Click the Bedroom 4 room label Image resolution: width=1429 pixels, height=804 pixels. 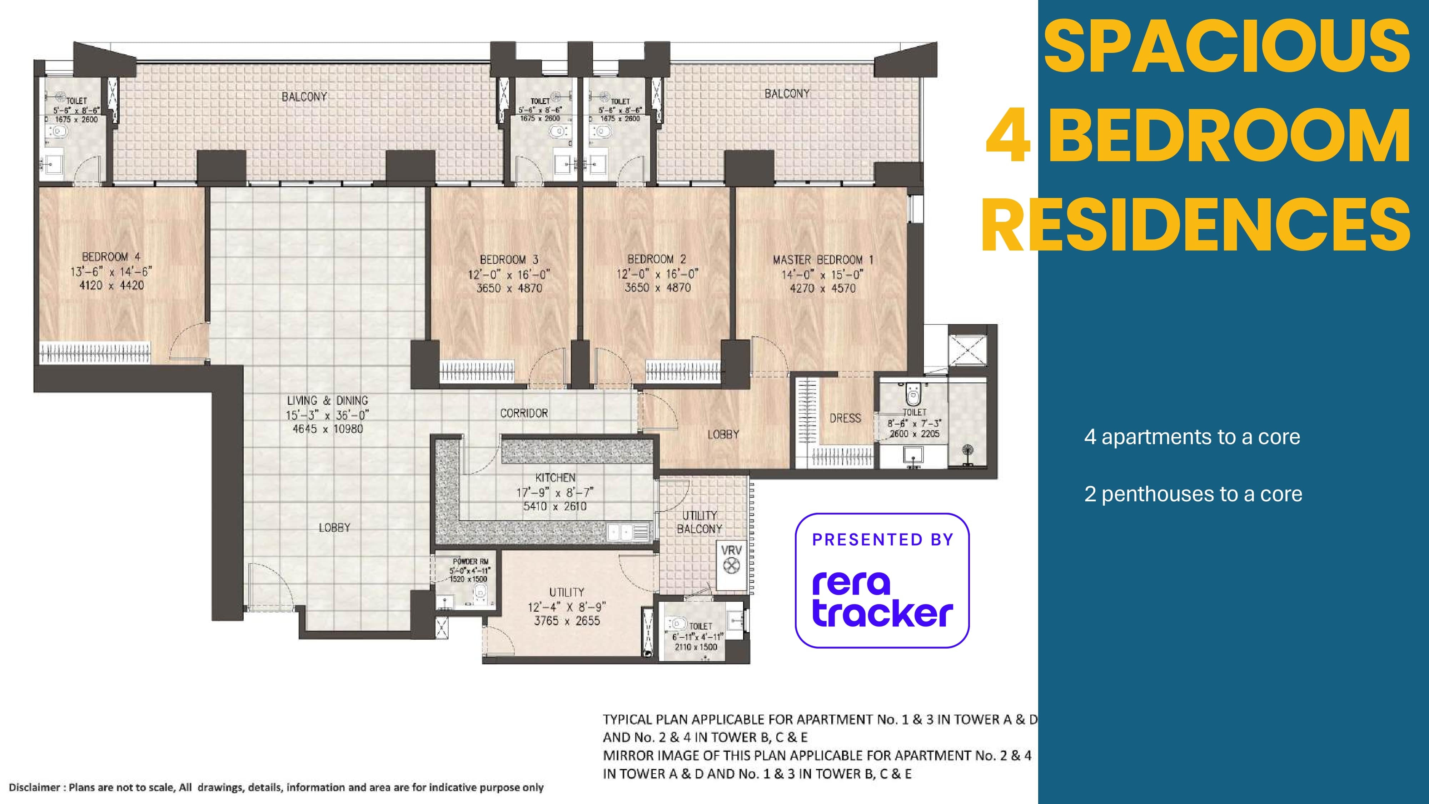pos(111,257)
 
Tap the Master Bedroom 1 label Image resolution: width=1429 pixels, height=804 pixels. pos(823,260)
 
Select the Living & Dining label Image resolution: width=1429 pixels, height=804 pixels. pos(327,401)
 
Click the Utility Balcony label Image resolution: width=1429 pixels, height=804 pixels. pos(699,522)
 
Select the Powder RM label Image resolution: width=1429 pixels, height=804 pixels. pos(470,561)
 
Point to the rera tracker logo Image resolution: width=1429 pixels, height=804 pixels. pos(882,599)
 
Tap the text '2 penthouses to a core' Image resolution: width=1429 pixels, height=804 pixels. pos(1193,494)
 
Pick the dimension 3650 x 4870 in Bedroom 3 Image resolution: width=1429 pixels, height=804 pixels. pos(509,288)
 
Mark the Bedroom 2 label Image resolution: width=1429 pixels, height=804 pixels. pos(657,259)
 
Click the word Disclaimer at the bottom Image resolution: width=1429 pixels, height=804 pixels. pos(34,787)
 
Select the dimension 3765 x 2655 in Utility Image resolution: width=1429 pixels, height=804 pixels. pos(567,621)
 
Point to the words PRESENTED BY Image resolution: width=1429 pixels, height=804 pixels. pos(882,540)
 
